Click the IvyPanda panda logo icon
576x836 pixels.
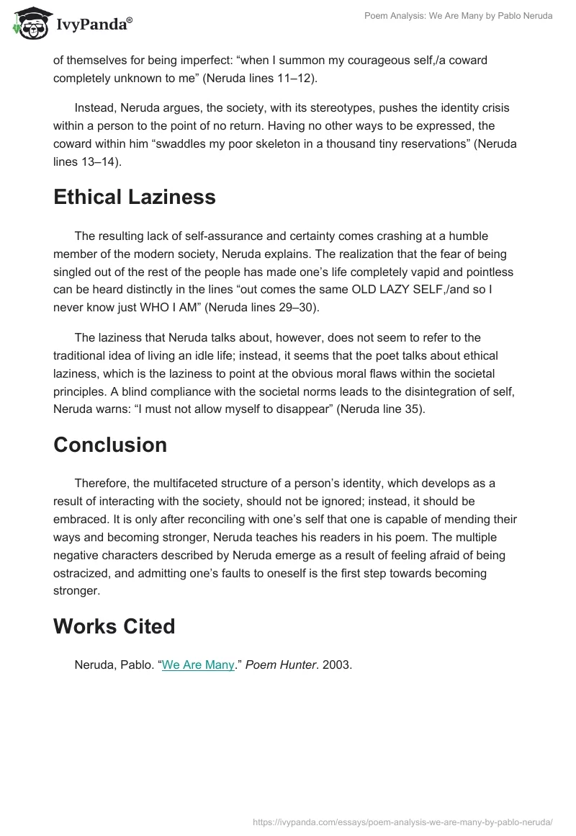click(29, 23)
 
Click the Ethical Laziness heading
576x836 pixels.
click(135, 197)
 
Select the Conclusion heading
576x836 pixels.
click(110, 445)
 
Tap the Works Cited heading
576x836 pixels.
click(114, 626)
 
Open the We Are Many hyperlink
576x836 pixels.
click(198, 664)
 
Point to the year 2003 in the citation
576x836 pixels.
click(336, 664)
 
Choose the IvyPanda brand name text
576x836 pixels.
click(94, 25)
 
